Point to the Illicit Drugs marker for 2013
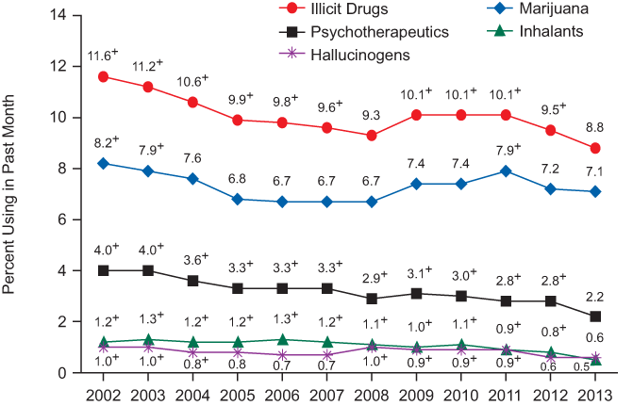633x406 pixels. click(596, 148)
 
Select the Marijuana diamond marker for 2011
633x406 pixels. click(507, 171)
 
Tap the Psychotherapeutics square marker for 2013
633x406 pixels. click(596, 317)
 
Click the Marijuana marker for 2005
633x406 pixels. click(237, 199)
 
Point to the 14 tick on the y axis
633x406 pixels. click(59, 16)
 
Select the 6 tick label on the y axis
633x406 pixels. click(63, 219)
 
